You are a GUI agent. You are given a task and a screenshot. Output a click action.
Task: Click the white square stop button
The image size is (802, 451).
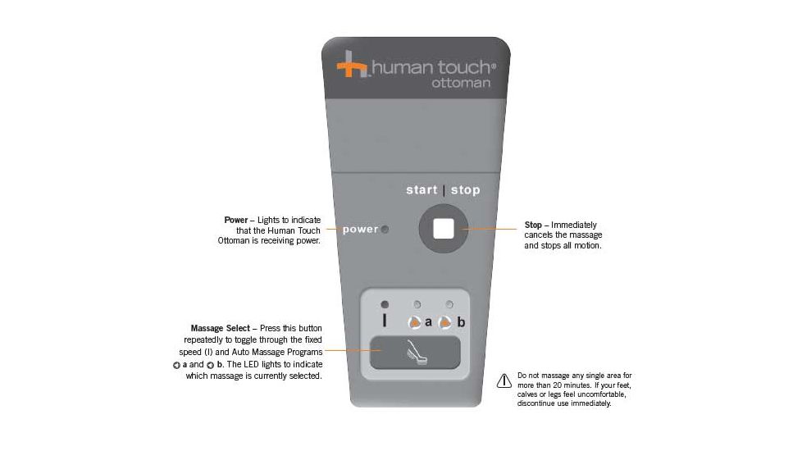coord(444,229)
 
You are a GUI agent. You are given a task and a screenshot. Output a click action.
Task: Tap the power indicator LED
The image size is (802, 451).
coord(385,230)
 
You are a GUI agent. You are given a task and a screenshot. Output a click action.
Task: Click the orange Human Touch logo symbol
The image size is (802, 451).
coord(353,65)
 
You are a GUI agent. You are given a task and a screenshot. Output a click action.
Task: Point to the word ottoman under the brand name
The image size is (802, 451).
coord(461,83)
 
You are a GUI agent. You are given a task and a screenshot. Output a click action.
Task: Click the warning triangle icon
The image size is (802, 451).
coord(504,380)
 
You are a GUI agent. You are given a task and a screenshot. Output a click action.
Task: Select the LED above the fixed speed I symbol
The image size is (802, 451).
coord(385,305)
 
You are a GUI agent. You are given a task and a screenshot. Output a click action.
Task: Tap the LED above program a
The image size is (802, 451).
coord(417,305)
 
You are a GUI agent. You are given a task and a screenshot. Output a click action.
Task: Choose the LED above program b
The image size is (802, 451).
coord(449,305)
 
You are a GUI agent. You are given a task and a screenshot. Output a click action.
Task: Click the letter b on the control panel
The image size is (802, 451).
coord(461,322)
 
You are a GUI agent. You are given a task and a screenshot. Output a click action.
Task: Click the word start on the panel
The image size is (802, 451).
coord(422,190)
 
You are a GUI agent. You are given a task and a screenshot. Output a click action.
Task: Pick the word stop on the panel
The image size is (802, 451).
coord(466,191)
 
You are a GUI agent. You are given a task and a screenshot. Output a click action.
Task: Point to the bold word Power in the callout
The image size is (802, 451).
coord(236,220)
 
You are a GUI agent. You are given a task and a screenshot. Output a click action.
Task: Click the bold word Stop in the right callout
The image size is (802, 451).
coord(533,225)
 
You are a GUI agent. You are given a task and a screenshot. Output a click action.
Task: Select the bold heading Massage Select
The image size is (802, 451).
coord(221,328)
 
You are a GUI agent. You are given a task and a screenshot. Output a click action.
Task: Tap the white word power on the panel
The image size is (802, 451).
coord(360,230)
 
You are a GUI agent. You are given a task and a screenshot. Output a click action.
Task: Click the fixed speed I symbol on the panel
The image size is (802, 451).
coord(385,321)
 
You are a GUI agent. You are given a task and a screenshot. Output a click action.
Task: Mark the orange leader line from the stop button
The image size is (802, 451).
coord(489,229)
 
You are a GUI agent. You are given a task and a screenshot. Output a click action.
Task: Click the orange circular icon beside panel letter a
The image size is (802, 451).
coord(415,322)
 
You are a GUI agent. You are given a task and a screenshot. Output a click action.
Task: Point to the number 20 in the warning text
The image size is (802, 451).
coord(558,385)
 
